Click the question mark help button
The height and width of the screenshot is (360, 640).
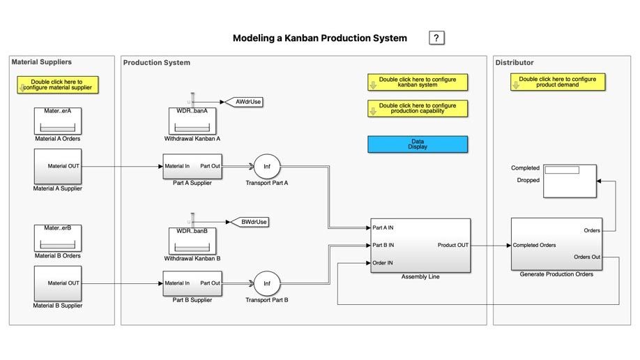coord(436,38)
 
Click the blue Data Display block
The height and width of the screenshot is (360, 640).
coord(418,144)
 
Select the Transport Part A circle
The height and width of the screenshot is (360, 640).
coord(266,167)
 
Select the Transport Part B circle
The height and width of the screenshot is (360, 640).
coord(266,284)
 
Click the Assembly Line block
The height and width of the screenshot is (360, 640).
coord(420,245)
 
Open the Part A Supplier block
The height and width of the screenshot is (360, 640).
coord(192,167)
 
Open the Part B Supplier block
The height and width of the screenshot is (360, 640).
coord(192,284)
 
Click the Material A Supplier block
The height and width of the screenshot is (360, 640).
coord(58,166)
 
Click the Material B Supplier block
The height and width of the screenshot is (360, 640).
coord(58,283)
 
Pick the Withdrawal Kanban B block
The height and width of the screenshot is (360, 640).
coord(192,239)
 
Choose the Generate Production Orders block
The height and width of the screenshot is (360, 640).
coord(556,243)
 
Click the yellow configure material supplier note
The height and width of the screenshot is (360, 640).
coord(59,85)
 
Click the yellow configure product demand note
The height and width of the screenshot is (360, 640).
coord(557,82)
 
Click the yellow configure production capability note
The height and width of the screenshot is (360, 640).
coord(418,109)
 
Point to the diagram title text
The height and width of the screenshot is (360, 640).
coord(319,38)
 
